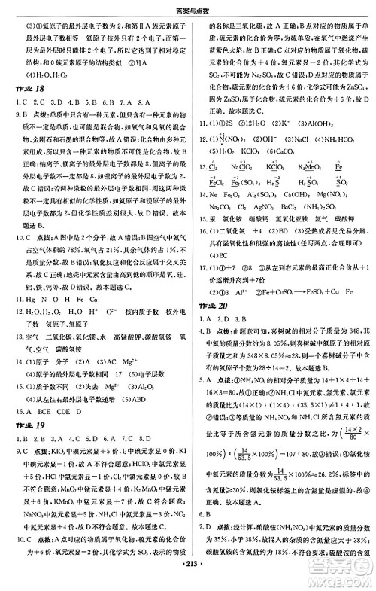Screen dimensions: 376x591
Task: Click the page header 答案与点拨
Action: pyautogui.click(x=188, y=7)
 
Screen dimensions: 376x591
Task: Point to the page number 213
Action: pyautogui.click(x=187, y=583)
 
